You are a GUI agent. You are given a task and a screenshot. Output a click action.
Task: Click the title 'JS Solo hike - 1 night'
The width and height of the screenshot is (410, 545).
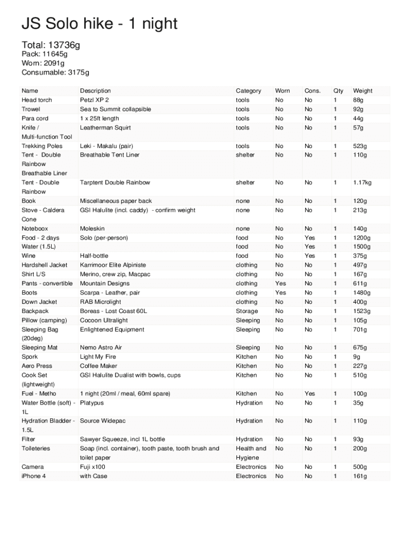coord(99,24)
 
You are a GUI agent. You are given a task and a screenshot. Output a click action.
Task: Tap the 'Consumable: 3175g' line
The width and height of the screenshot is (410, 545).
coord(55,72)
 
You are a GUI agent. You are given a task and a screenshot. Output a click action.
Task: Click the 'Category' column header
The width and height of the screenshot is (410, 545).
coord(248,91)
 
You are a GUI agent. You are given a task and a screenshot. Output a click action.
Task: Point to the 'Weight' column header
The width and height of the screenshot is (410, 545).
coord(363,91)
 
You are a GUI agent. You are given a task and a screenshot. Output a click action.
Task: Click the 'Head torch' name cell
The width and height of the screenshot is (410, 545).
coord(37,100)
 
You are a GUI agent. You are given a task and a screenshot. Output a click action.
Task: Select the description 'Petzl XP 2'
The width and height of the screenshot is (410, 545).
coord(94,100)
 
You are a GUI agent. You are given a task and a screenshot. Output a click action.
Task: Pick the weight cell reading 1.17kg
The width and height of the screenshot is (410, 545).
coord(362,183)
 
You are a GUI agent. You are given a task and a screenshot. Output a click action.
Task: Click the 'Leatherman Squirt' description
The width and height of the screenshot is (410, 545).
coord(105,128)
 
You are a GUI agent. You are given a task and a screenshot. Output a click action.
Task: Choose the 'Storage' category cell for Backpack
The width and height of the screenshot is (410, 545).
coord(247,311)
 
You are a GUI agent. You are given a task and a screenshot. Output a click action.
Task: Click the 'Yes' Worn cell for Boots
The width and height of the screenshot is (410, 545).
coord(281,293)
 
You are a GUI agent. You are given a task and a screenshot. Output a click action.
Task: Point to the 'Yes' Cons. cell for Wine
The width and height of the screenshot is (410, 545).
coord(309,256)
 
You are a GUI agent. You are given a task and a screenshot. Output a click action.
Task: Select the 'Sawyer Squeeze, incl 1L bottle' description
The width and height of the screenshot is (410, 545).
coord(122,440)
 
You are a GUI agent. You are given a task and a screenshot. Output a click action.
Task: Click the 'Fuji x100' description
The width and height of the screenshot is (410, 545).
coord(93,467)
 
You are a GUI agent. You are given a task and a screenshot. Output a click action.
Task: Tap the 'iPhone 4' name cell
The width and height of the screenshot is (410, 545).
coord(34,476)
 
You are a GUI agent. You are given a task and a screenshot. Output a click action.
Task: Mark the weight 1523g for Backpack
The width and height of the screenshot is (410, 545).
coord(362,311)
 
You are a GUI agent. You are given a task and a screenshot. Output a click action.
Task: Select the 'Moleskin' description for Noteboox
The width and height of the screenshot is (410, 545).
coord(92,229)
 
